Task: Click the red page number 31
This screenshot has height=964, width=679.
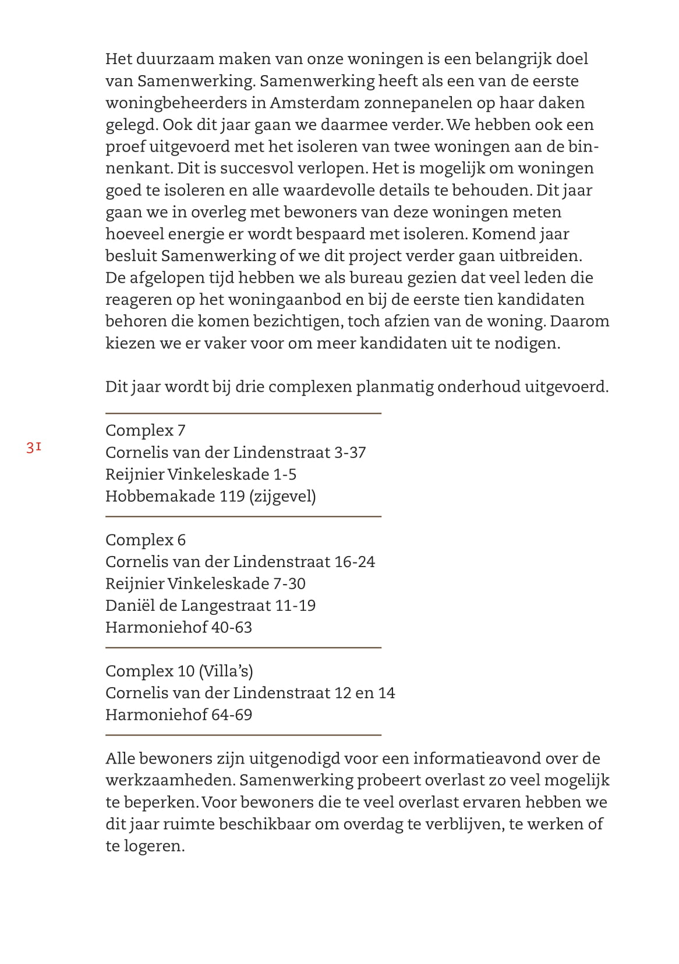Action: coord(34,448)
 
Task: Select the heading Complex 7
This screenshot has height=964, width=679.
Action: coord(145,430)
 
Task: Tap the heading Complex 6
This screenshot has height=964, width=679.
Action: coord(145,540)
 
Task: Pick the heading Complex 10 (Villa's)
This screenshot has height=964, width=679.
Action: coord(179,671)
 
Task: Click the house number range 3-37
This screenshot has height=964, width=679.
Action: coord(349,452)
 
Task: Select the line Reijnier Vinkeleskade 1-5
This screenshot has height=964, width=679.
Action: coord(200,474)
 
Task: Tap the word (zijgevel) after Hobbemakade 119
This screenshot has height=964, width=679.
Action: coord(282,497)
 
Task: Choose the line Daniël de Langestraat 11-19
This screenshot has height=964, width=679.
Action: coord(210,606)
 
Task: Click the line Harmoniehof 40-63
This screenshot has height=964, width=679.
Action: coord(178,628)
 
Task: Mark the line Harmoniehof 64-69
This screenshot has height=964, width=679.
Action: coord(178,715)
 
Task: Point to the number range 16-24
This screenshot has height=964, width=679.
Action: coord(354,562)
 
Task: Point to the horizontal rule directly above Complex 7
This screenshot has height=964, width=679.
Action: coord(243,413)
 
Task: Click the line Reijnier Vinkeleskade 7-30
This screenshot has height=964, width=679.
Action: coord(205,583)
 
